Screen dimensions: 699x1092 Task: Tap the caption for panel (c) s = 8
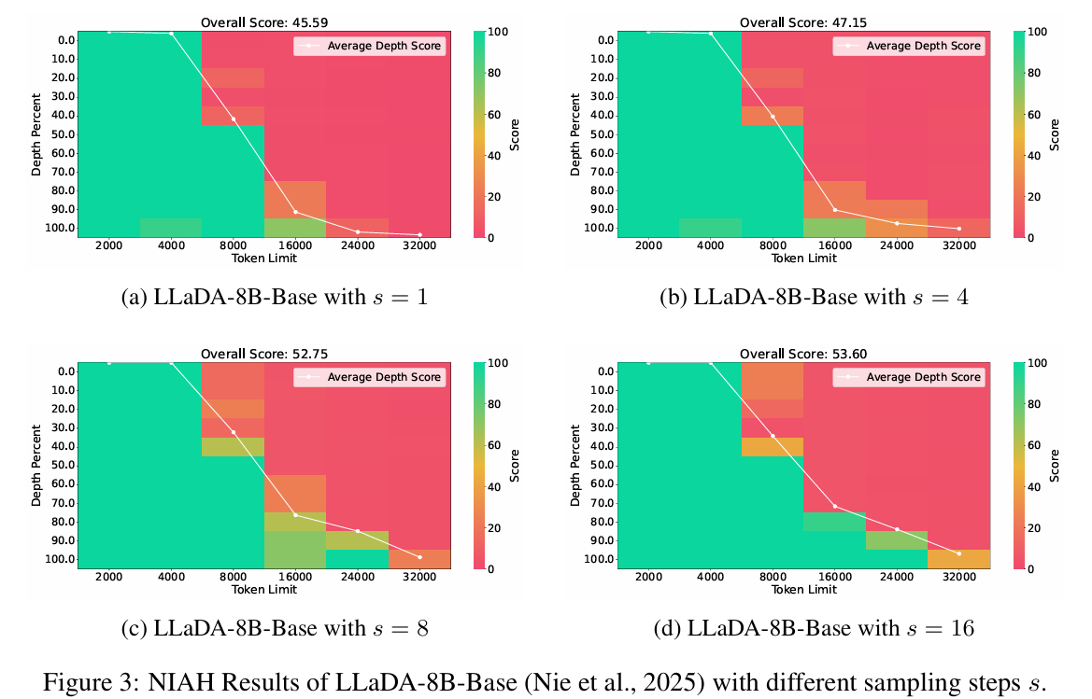[x=275, y=628]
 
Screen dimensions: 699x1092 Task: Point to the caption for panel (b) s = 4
[x=814, y=297]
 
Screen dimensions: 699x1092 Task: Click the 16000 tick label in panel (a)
[x=295, y=247]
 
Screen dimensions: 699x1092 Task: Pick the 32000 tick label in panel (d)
[x=958, y=579]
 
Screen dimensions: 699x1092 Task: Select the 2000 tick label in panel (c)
[x=108, y=579]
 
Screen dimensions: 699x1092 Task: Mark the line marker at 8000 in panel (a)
[x=234, y=119]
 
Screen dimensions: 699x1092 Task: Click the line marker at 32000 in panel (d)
[x=958, y=553]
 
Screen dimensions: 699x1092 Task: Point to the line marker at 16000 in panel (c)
[x=295, y=515]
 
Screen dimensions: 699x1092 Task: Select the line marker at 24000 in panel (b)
[x=897, y=223]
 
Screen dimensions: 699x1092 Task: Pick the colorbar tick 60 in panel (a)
[x=484, y=114]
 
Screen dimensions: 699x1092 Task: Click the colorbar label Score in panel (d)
[x=1053, y=465]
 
